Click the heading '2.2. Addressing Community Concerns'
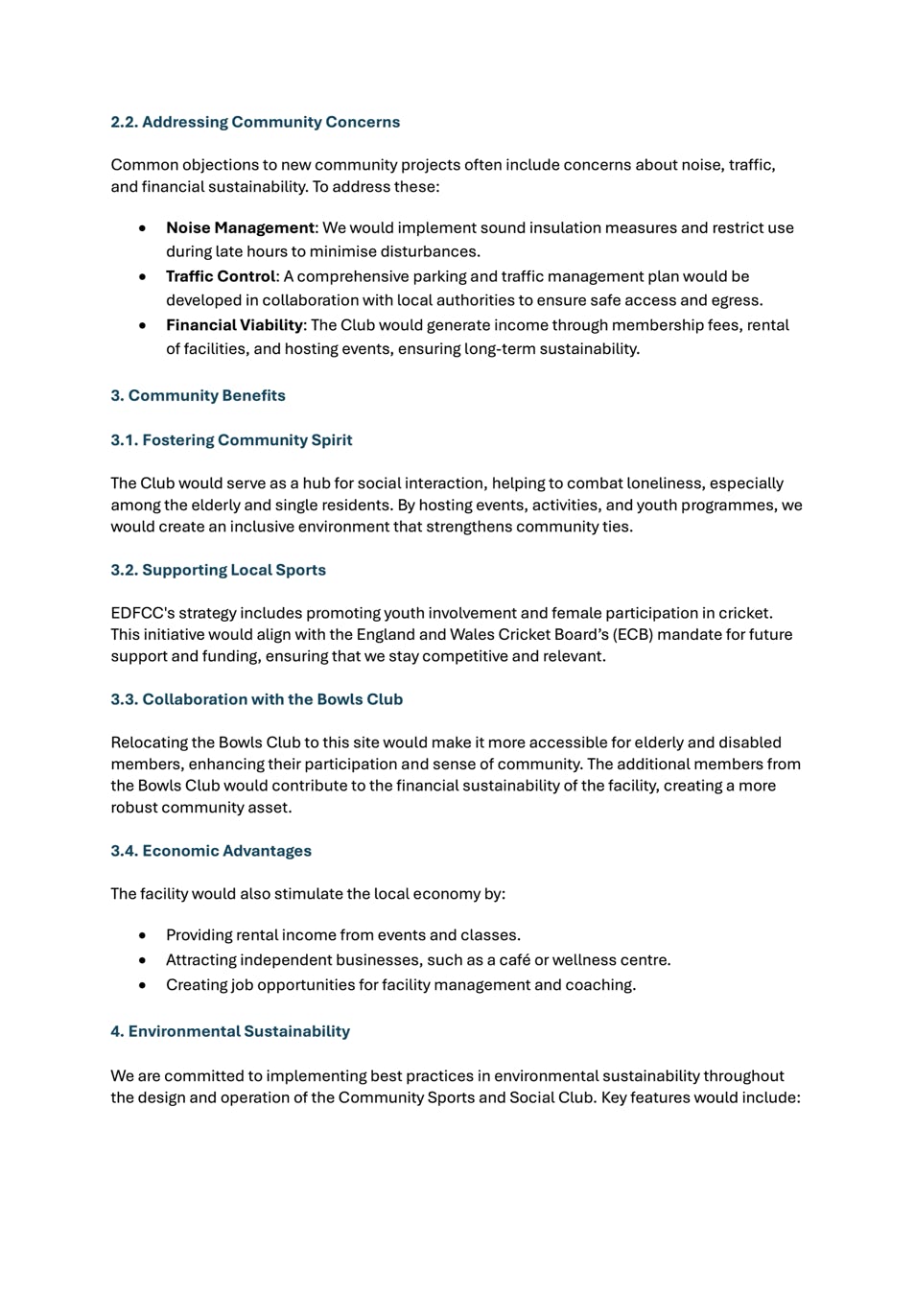[x=255, y=122]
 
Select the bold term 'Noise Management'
[x=240, y=228]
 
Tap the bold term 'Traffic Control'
[x=221, y=276]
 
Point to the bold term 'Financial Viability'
[x=234, y=325]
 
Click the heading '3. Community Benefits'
[x=198, y=395]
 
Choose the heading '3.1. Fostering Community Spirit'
[x=231, y=440]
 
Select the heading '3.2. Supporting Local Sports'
[x=218, y=570]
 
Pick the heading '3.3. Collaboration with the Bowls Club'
[x=256, y=699]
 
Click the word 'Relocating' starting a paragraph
[x=150, y=742]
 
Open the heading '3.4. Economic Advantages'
[x=211, y=851]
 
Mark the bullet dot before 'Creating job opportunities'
[x=143, y=985]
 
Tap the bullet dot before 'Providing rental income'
[x=143, y=935]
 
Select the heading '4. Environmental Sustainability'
[x=229, y=1031]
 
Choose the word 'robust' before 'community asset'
[x=133, y=808]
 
